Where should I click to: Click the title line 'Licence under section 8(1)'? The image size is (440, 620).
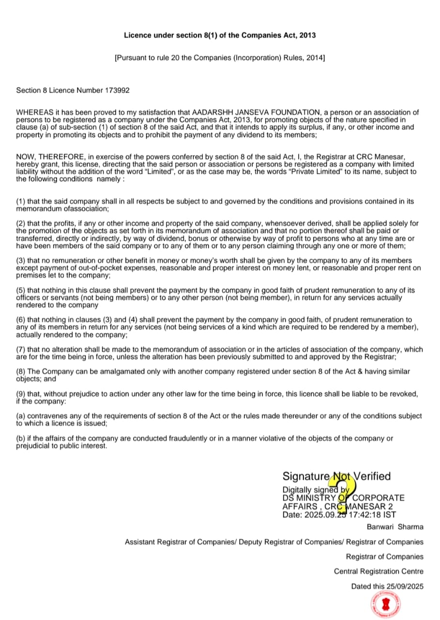pyautogui.click(x=220, y=35)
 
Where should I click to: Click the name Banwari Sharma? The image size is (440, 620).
pyautogui.click(x=395, y=527)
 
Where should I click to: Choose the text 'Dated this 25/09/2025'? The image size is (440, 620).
pyautogui.click(x=387, y=586)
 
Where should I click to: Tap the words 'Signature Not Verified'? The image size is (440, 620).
pyautogui.click(x=336, y=477)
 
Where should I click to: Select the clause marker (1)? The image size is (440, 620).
pyautogui.click(x=21, y=201)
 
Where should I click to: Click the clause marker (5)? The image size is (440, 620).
pyautogui.click(x=21, y=291)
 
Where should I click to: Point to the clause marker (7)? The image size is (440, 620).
pyautogui.click(x=21, y=349)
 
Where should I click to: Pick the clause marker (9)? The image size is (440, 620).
pyautogui.click(x=21, y=394)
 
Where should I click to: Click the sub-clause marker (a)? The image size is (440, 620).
pyautogui.click(x=21, y=416)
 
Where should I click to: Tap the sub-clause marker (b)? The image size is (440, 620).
pyautogui.click(x=21, y=438)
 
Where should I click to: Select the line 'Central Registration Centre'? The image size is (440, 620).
pyautogui.click(x=379, y=572)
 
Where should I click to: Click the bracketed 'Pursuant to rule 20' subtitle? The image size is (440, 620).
pyautogui.click(x=220, y=58)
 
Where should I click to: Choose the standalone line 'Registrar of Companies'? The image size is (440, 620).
pyautogui.click(x=384, y=557)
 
